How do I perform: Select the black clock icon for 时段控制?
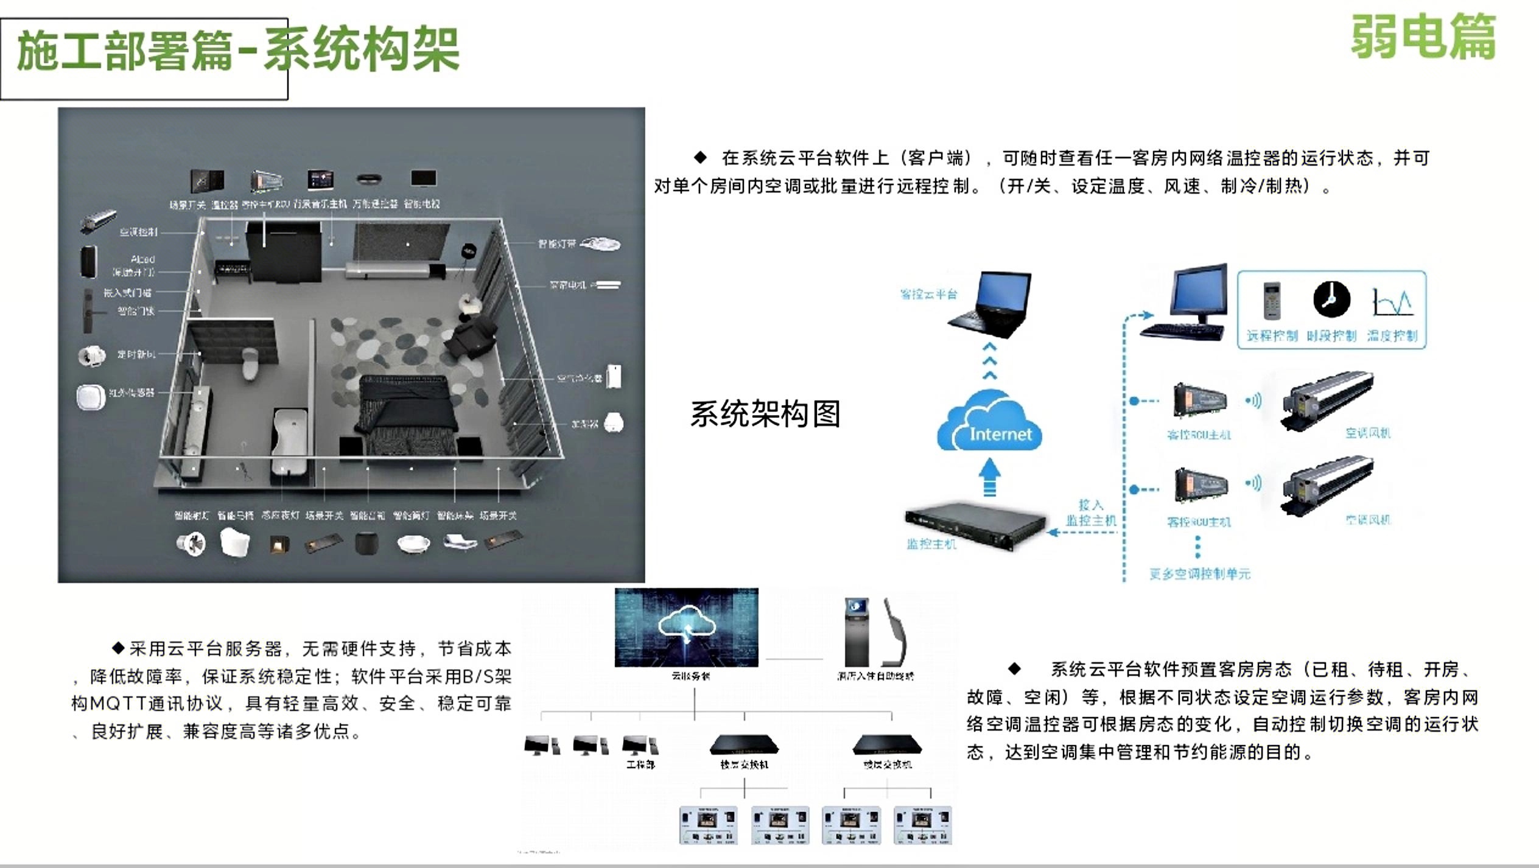point(1331,299)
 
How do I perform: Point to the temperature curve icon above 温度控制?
point(1392,303)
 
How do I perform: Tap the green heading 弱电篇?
point(1423,37)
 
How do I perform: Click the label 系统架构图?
point(765,414)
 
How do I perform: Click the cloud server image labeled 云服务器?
point(686,627)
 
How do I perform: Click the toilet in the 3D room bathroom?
point(250,363)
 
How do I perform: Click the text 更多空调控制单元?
point(1199,574)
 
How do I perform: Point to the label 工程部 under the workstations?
point(640,765)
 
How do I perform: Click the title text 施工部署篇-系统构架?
point(238,50)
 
